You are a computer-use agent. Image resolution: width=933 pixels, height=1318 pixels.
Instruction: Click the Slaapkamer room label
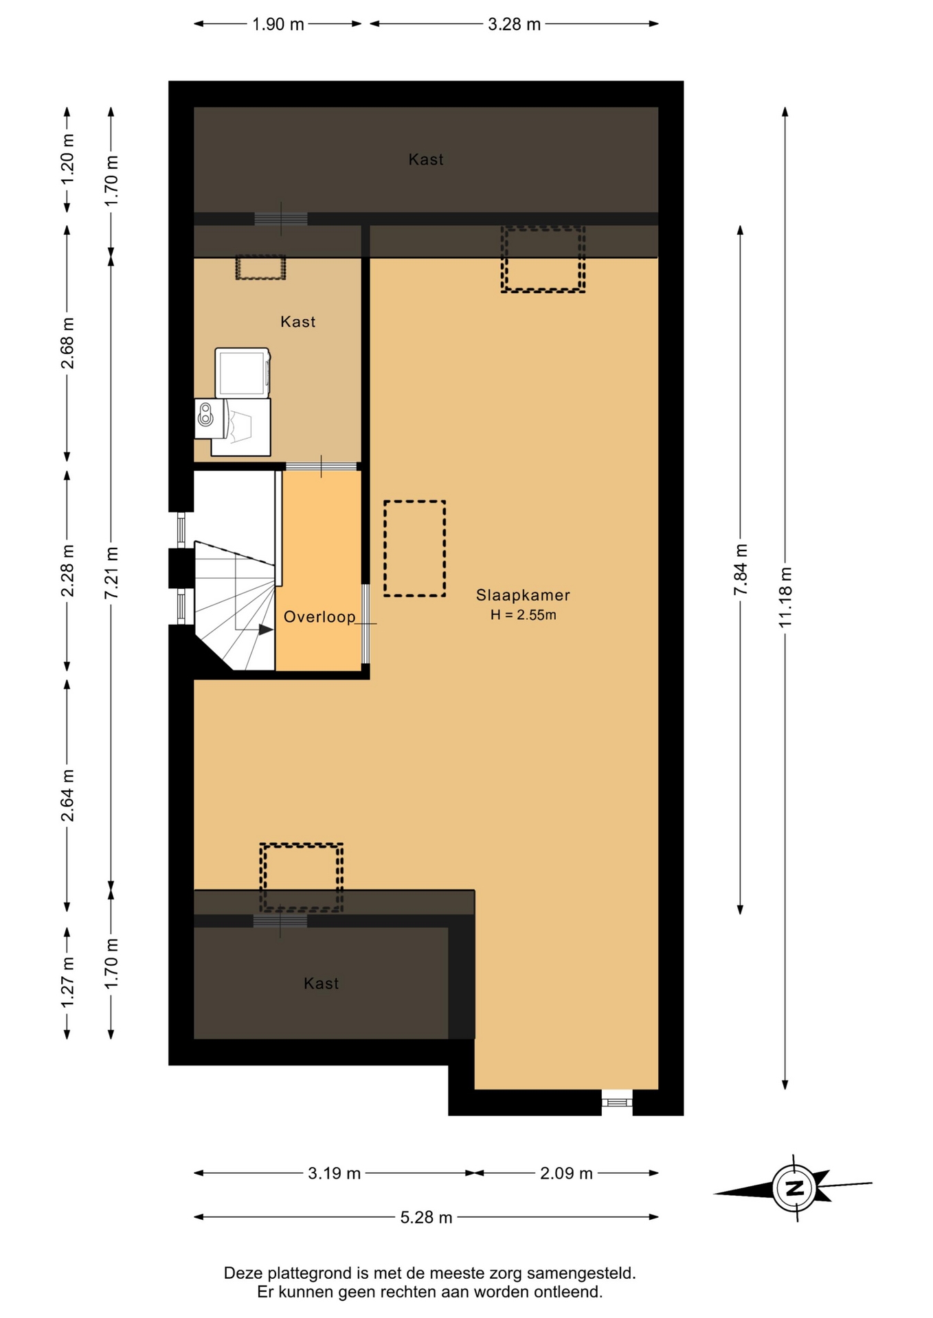523,595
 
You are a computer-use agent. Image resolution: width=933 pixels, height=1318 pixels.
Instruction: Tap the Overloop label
319,616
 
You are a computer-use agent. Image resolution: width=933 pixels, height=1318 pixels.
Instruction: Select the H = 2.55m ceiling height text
523,615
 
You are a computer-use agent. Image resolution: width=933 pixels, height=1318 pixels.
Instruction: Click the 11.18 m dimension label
785,597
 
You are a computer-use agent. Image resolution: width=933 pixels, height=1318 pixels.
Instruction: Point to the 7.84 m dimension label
740,570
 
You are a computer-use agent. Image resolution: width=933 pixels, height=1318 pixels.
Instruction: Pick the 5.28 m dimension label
426,1217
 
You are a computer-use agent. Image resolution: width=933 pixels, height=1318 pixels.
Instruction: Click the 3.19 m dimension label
334,1173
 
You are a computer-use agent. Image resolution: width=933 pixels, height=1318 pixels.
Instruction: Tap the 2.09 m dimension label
566,1173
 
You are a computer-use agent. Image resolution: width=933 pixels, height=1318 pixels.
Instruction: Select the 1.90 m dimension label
278,24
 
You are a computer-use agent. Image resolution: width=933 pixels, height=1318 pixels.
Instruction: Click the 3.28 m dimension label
514,24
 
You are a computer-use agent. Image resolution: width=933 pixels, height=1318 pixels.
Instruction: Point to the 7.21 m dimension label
111,573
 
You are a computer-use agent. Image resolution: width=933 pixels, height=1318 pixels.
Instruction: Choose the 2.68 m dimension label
67,343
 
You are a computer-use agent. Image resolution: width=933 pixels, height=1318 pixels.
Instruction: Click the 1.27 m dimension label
67,983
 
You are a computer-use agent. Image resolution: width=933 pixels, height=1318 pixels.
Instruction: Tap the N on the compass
795,1188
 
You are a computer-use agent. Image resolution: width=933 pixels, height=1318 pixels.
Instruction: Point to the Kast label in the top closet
426,159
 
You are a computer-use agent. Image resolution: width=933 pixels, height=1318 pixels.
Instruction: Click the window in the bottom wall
617,1102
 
